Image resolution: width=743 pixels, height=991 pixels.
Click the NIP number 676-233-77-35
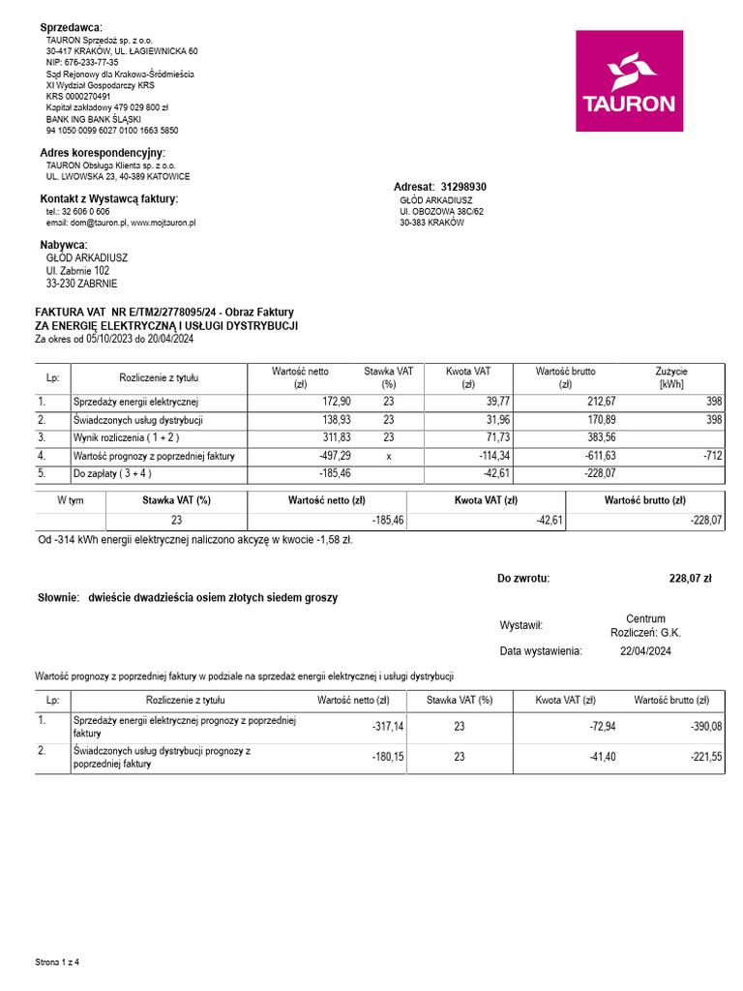(82, 62)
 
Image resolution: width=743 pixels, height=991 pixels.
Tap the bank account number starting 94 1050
(111, 130)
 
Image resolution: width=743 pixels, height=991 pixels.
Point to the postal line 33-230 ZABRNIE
(81, 285)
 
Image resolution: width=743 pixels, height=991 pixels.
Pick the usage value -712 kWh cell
(711, 455)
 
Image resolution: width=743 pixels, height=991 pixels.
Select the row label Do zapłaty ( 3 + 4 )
(112, 474)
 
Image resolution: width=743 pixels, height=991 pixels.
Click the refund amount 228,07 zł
(690, 579)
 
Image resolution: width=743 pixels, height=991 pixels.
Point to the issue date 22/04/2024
(644, 651)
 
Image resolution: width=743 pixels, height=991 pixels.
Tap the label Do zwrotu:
(523, 579)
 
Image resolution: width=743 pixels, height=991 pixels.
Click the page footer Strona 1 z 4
(57, 963)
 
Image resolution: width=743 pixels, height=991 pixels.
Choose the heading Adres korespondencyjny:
(103, 153)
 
